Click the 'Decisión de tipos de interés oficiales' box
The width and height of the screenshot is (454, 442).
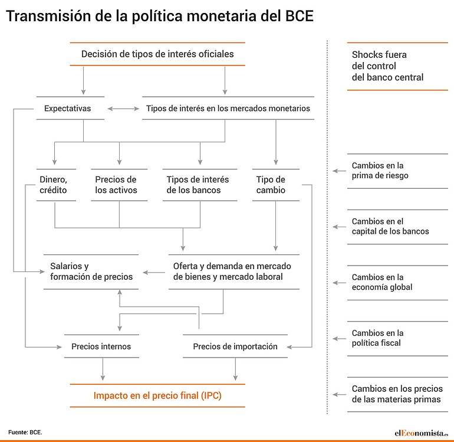click(157, 54)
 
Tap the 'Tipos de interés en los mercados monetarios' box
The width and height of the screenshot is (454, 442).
click(228, 108)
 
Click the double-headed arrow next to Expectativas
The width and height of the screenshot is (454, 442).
click(123, 109)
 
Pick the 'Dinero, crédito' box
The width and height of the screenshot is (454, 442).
click(56, 185)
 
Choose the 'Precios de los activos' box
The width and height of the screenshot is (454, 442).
click(119, 185)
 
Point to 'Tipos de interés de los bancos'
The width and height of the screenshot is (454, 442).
click(200, 185)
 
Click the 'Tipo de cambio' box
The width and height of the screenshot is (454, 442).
click(276, 185)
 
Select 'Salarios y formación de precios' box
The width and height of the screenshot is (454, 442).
click(91, 271)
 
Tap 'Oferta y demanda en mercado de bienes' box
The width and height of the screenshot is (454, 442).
click(234, 271)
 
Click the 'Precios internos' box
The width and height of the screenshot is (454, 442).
click(101, 346)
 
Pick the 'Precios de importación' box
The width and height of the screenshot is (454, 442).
click(235, 346)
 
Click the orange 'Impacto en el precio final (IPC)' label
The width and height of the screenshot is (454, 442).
click(157, 395)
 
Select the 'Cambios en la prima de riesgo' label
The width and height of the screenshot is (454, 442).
click(380, 171)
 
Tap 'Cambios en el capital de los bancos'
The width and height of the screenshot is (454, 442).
click(390, 227)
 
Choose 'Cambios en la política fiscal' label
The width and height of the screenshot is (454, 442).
click(377, 338)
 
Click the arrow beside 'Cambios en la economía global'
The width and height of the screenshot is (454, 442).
click(340, 283)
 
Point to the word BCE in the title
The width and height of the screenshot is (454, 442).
click(300, 16)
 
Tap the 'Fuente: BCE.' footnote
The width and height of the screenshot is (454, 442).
click(25, 432)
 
